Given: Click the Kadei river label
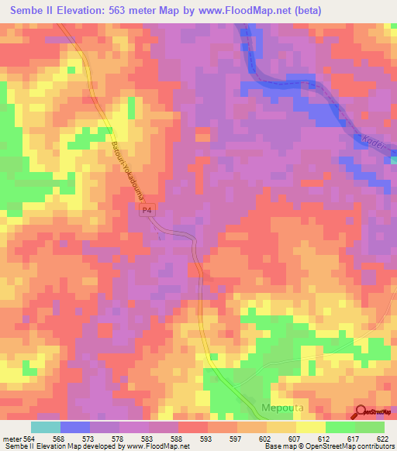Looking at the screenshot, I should pos(373,144).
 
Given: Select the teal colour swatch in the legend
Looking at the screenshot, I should pos(46,427).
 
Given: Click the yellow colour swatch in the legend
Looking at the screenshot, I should pos(310,427).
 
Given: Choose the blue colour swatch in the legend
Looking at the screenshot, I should pos(75,427).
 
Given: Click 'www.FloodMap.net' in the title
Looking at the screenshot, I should pos(230,11).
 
